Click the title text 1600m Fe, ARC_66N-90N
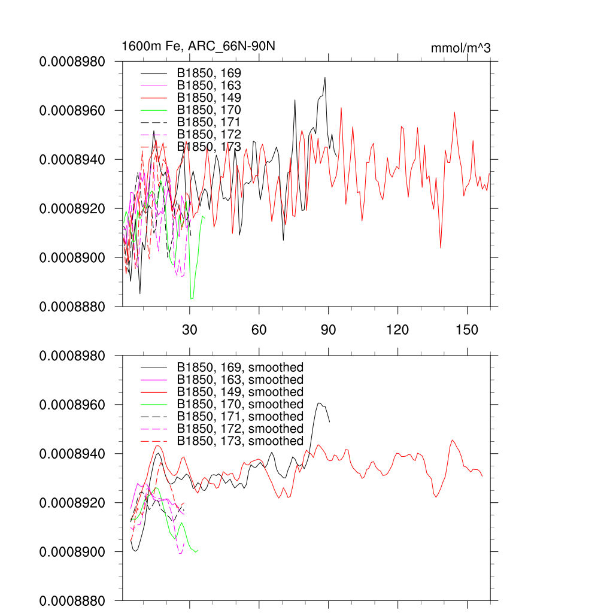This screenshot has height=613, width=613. tap(198, 46)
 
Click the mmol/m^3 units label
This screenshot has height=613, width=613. tap(460, 48)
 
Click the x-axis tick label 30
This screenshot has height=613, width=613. tap(190, 330)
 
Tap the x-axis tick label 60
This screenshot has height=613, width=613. tap(259, 330)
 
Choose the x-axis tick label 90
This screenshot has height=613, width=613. tap(329, 330)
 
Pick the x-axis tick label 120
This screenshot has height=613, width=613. tap(397, 330)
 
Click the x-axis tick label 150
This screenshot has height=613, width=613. tap(467, 330)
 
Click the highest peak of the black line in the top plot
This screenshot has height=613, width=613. tap(324, 77)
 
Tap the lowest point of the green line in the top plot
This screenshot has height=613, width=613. tap(192, 298)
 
